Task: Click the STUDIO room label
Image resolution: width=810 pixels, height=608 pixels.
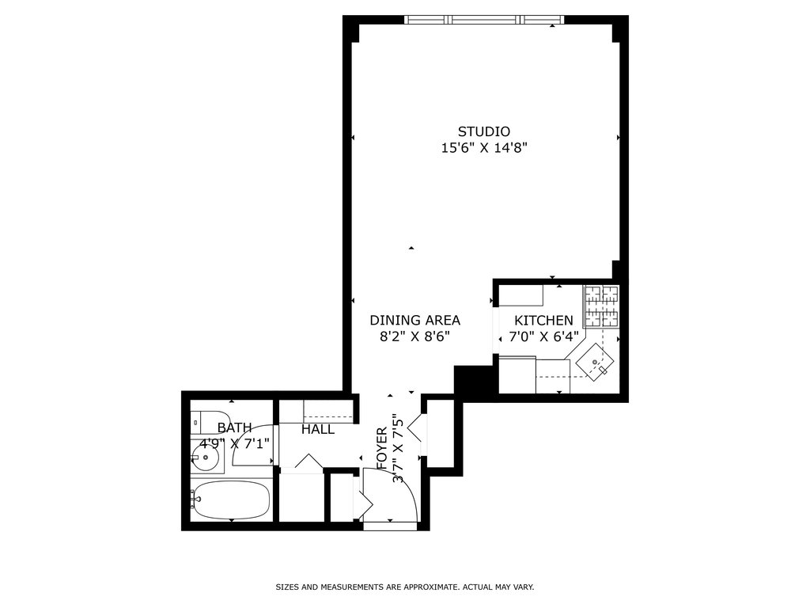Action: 484,131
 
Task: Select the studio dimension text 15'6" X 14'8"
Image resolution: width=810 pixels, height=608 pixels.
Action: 484,148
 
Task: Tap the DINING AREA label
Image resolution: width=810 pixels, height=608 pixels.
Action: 414,321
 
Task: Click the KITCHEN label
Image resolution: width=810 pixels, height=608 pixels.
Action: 543,321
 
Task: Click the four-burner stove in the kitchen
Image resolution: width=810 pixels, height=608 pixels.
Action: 601,306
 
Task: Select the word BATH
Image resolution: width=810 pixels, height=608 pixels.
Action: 234,428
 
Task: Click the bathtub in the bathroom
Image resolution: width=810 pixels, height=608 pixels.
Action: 230,501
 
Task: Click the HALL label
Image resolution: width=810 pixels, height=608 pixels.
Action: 318,430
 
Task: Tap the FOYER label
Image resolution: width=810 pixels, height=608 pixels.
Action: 382,448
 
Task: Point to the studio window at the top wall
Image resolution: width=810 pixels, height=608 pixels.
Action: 483,20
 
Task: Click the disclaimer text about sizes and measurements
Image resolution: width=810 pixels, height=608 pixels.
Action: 404,587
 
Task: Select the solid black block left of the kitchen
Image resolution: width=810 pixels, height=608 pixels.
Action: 474,381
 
